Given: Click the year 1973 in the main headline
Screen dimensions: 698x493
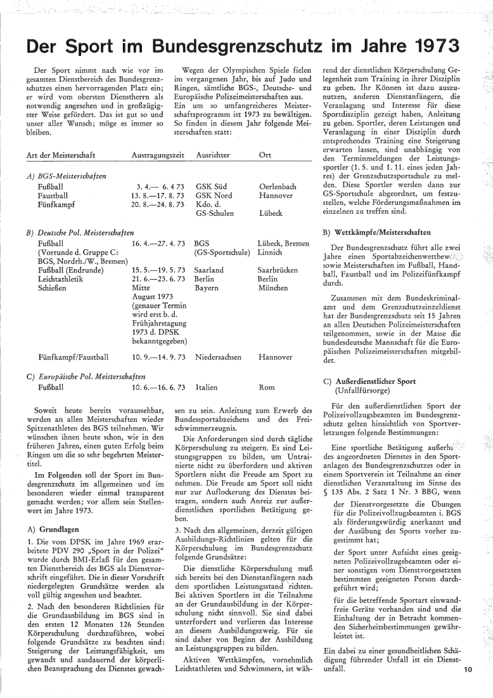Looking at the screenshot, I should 430,46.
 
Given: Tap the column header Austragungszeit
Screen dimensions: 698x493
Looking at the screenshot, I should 158,155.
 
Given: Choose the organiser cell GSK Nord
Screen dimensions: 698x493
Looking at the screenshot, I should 215,195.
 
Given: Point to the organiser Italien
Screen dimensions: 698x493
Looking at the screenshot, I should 207,386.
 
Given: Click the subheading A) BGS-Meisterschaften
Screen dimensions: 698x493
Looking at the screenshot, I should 67,175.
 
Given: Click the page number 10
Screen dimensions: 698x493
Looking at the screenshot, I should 468,685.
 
